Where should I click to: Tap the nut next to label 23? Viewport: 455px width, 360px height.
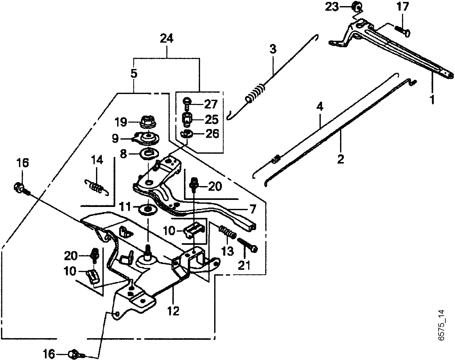356,7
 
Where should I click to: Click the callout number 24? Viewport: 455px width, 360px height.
167,39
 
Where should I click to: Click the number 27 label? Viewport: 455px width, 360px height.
211,104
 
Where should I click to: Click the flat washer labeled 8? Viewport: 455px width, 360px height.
149,154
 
